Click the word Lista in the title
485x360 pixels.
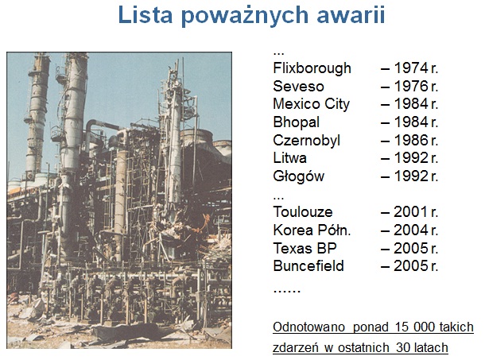145,14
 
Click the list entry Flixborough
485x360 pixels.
312,68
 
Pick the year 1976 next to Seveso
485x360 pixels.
411,87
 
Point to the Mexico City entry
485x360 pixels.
312,105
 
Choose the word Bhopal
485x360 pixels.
296,122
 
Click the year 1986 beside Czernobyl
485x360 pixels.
411,140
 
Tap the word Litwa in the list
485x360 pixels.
290,158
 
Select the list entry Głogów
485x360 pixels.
299,176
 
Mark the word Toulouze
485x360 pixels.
303,212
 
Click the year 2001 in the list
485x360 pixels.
411,212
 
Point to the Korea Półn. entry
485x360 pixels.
312,230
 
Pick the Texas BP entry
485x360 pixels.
305,249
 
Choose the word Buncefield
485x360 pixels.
308,266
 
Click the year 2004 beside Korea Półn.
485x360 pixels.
411,230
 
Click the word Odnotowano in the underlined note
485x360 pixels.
308,327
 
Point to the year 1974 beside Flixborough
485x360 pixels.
411,68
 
